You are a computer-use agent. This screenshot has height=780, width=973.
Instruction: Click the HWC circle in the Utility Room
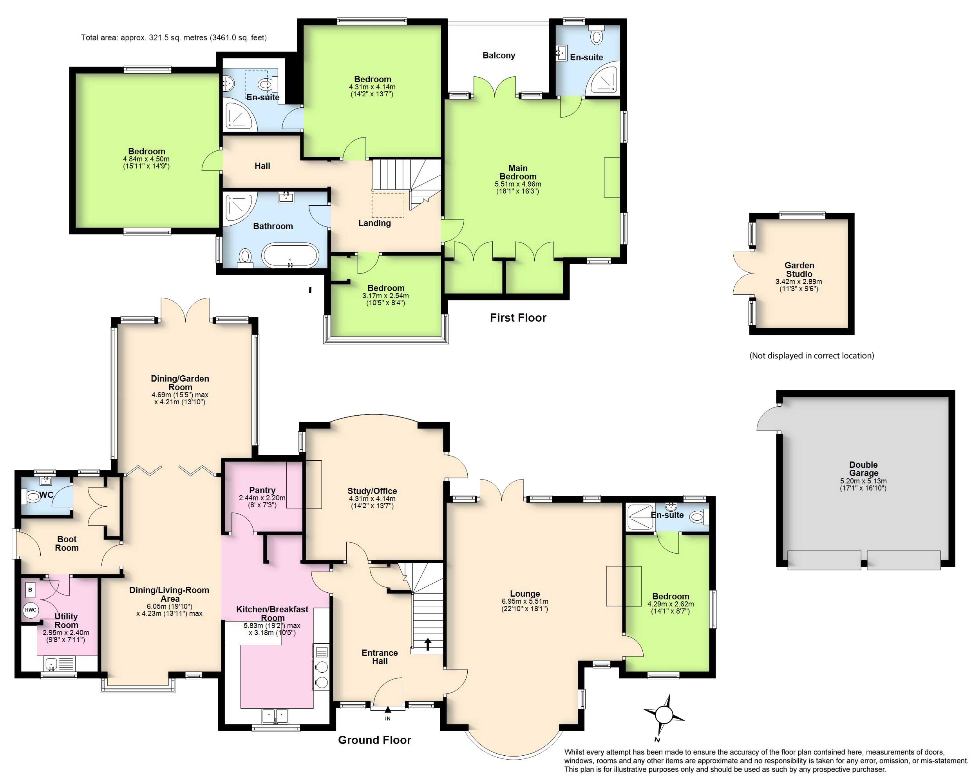tap(31, 610)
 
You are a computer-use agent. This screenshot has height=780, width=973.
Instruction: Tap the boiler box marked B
tap(30, 590)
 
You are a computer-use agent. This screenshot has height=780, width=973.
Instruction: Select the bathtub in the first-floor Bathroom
tap(291, 255)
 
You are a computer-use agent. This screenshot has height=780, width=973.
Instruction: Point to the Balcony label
tap(499, 56)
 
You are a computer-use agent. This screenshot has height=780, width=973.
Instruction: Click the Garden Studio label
tap(799, 270)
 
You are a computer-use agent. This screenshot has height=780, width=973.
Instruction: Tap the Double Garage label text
tap(863, 469)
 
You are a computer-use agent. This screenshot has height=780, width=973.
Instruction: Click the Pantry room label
tap(262, 490)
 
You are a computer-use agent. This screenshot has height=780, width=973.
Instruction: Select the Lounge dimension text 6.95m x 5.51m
tap(525, 601)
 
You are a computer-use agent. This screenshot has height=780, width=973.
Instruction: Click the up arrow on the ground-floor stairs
tap(427, 644)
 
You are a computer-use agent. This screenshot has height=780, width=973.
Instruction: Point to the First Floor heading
tap(518, 318)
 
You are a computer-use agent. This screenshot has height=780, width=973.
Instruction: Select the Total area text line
tap(174, 38)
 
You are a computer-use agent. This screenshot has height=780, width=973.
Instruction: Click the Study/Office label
tap(373, 491)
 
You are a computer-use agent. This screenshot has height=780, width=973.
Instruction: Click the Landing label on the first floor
tap(374, 223)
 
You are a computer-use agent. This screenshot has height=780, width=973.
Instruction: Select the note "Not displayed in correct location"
tap(812, 356)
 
